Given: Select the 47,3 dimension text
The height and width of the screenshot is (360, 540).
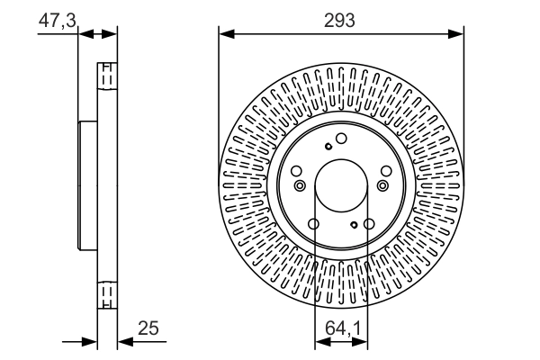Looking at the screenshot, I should pos(57,19).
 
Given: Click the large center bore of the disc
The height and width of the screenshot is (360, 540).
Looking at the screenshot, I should pos(342,185).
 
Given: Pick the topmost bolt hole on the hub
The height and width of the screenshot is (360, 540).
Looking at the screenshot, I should pos(342,138).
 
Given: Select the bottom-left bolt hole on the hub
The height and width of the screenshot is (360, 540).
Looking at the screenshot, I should pos(314,224).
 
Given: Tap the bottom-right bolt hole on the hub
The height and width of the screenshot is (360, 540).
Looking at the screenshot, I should pos(369,224).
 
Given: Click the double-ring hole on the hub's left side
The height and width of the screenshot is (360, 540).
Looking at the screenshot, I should pos(299,185).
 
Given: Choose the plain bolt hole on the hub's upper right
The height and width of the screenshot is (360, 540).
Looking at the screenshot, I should pos(385,170).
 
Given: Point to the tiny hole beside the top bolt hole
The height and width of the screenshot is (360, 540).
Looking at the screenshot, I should pos(329,146).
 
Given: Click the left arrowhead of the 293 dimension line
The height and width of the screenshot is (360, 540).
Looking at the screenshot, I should pos(225,34).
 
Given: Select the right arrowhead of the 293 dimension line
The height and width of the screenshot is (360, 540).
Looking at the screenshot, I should pos(458,34).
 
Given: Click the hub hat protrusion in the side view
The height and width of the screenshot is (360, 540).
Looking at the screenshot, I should pos(87,185).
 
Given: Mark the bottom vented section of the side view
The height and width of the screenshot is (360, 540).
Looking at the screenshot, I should pos(106,294).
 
